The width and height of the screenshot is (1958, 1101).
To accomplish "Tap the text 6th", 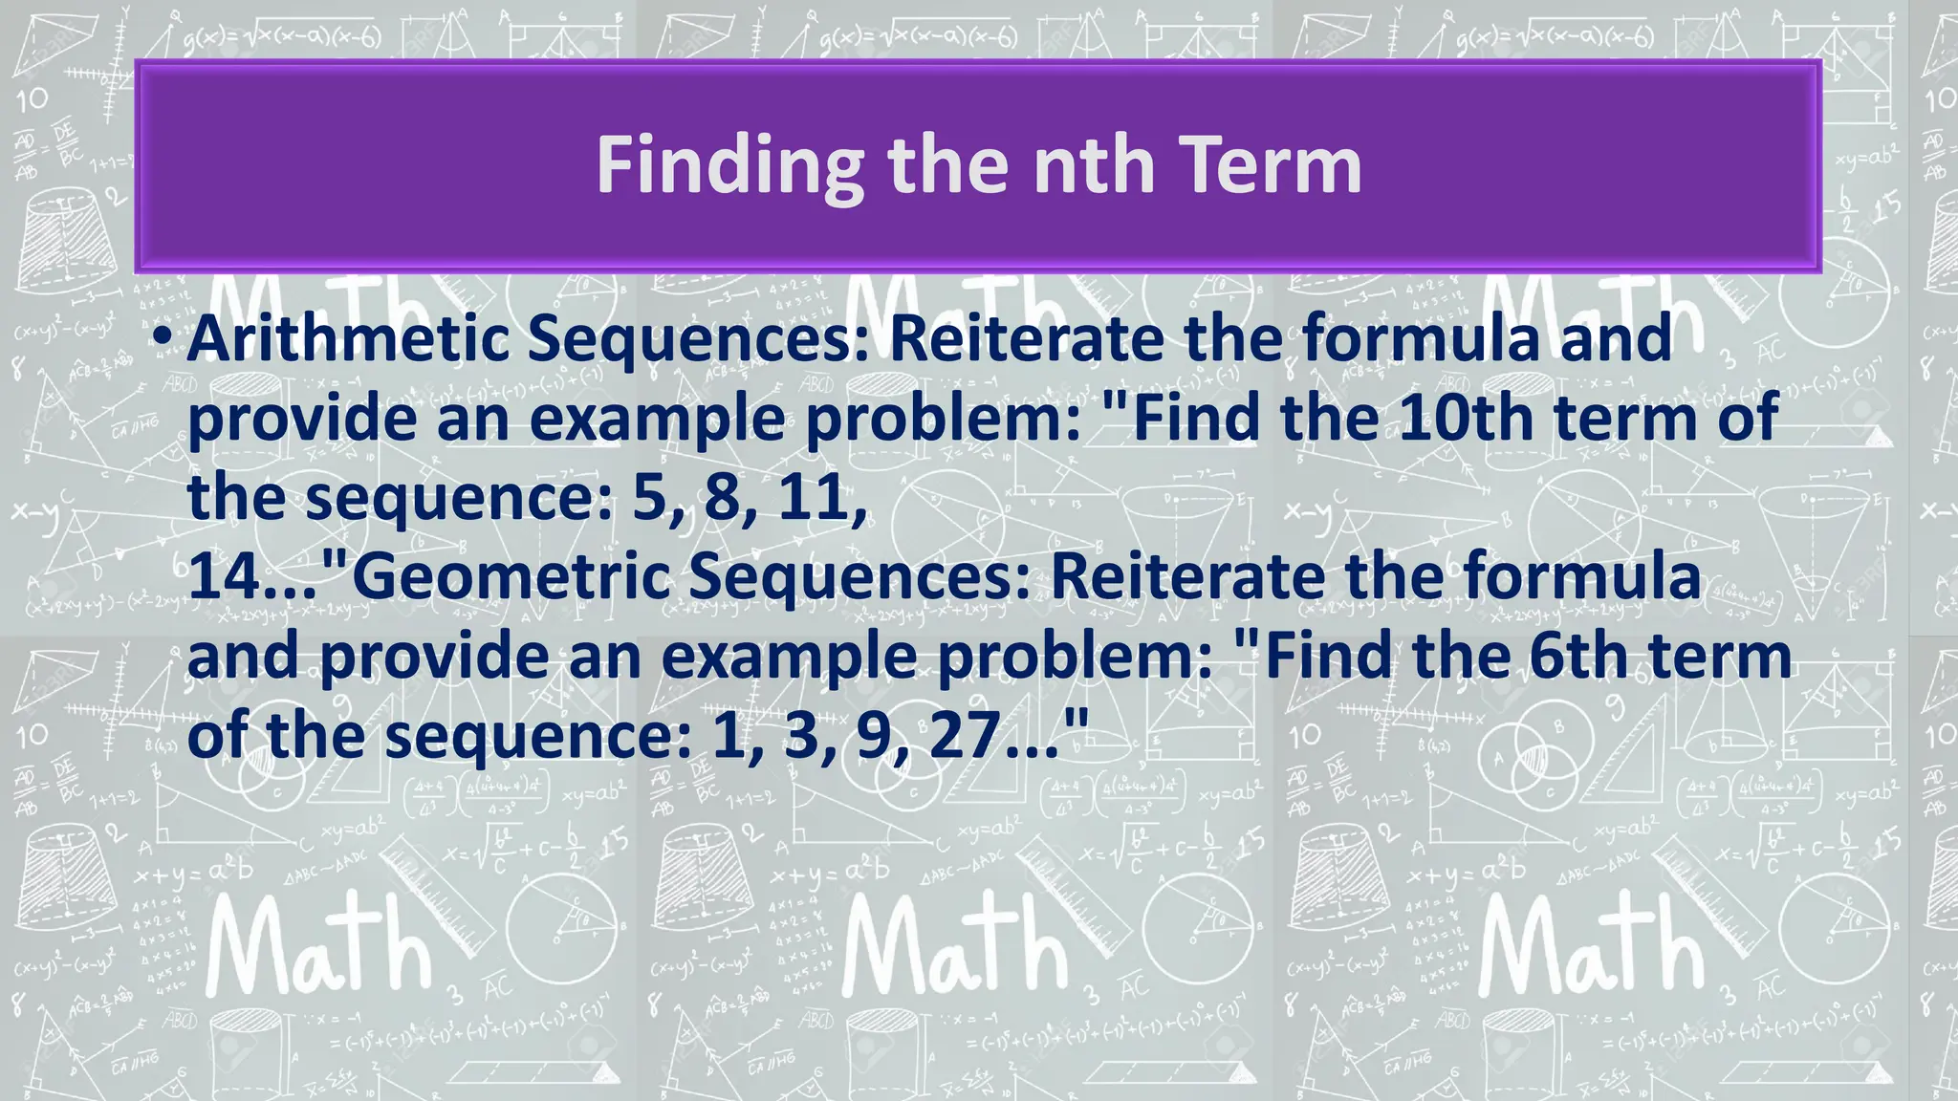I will pos(1577,656).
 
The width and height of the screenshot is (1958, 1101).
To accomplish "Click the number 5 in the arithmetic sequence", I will pos(650,498).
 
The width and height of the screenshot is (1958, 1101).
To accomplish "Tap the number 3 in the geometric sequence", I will pos(801,736).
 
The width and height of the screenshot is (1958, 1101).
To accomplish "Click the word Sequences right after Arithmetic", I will pos(702,339).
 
